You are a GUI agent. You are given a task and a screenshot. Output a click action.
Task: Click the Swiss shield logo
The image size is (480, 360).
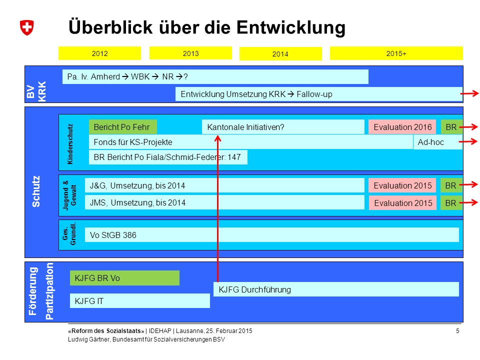tap(27, 27)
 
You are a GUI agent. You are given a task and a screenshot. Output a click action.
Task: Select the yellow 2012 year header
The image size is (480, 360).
tap(99, 53)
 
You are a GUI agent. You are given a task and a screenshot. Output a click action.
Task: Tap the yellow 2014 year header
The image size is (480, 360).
tap(280, 54)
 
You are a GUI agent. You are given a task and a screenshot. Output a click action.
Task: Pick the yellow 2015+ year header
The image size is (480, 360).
tap(396, 53)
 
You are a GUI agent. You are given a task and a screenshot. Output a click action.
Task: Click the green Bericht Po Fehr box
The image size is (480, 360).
tap(123, 127)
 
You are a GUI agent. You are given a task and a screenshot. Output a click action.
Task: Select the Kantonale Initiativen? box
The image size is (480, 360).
tap(283, 127)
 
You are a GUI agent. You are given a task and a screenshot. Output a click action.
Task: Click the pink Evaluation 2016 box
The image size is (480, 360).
tap(402, 127)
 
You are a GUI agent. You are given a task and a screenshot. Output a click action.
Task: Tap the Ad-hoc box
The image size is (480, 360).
tap(438, 142)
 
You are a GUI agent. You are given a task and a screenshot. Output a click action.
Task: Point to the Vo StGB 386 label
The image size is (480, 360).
tap(113, 235)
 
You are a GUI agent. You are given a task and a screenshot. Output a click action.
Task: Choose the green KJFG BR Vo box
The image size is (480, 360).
tap(124, 278)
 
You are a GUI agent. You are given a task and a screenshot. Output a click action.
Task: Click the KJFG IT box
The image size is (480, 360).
tap(140, 301)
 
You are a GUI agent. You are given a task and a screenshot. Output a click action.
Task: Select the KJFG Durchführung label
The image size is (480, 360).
tap(254, 289)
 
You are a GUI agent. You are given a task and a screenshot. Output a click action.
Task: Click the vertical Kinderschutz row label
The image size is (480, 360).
tap(70, 144)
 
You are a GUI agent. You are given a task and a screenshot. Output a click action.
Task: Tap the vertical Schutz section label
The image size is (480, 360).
tap(36, 191)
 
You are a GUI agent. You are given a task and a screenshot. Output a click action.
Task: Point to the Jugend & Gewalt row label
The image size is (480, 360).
tap(69, 195)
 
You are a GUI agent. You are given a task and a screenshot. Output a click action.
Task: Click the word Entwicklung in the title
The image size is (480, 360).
tap(291, 27)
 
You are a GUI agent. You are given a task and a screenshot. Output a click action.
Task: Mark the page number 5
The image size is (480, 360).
tap(457, 331)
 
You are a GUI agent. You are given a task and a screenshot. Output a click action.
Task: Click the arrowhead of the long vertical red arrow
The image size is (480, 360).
tap(217, 138)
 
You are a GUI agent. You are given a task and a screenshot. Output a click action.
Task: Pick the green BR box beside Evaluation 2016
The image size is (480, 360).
tap(451, 127)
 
